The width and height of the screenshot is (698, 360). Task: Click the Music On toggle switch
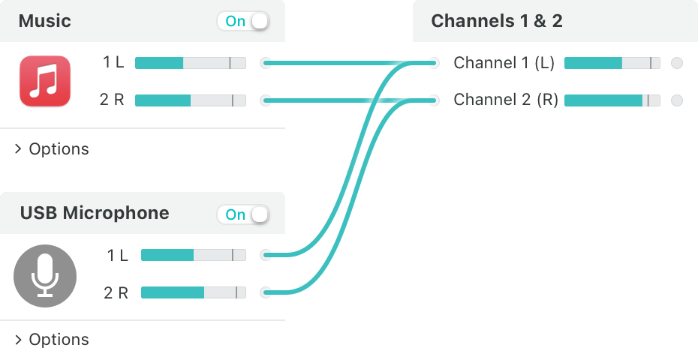(x=243, y=21)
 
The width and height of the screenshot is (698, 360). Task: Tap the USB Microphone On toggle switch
(x=243, y=214)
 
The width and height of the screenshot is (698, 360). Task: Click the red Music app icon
(x=45, y=81)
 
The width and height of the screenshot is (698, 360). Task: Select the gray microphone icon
(x=45, y=276)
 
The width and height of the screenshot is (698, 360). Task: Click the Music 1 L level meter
(x=191, y=63)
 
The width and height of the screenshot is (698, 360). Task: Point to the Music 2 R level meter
(x=191, y=100)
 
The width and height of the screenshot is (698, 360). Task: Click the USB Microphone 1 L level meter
(x=194, y=255)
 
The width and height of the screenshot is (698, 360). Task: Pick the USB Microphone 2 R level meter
(x=194, y=292)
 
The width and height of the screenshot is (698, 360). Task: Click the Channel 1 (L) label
(x=504, y=63)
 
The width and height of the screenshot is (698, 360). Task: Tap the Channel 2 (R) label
(x=506, y=100)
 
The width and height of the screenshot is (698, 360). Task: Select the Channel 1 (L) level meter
(x=612, y=63)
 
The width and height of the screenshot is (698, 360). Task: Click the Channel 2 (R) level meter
(x=612, y=100)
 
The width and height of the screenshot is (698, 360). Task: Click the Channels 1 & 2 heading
(x=497, y=21)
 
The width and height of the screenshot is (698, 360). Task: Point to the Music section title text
(x=44, y=21)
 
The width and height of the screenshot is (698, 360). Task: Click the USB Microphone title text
(x=95, y=213)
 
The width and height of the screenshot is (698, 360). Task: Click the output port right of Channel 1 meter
(x=677, y=63)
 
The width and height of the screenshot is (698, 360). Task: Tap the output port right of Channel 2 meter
(x=677, y=100)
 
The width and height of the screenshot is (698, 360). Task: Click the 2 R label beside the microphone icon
(x=116, y=292)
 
